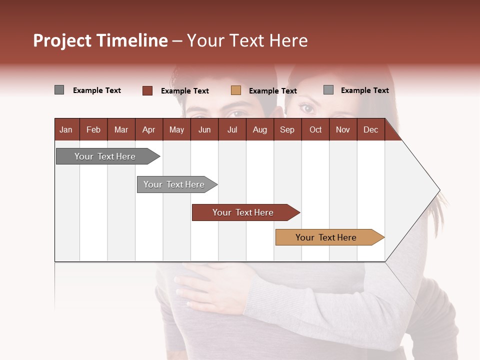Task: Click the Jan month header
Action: pos(66,129)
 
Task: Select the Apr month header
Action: pos(148,129)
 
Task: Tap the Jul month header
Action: pos(232,129)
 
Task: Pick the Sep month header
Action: pos(287,129)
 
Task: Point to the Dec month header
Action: pos(370,129)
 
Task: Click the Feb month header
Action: pos(93,129)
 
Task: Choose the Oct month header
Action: pos(315,129)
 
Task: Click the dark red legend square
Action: pos(147,90)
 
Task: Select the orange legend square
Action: pos(236,90)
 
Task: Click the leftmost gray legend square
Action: pos(59,90)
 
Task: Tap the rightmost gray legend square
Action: pos(328,90)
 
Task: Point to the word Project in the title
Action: pos(62,40)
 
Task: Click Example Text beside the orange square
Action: pos(272,91)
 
